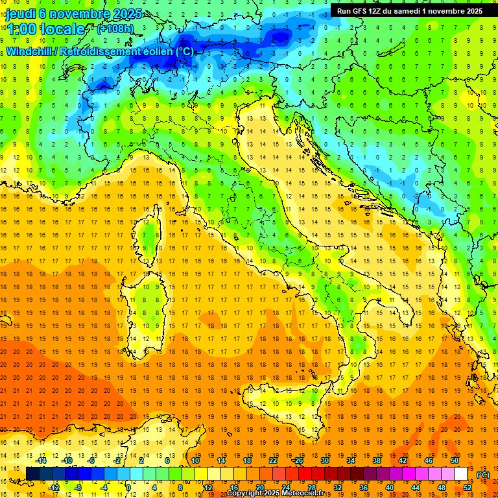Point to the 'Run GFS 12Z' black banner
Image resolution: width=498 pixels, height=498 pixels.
409,11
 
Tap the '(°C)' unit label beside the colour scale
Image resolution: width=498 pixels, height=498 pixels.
483,475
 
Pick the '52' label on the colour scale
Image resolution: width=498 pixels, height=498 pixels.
468,488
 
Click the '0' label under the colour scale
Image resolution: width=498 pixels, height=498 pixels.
128,488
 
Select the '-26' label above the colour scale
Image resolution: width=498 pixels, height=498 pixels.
298,460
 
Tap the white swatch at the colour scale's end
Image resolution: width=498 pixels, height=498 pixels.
461,474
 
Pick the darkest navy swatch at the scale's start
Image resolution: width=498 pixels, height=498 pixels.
32,474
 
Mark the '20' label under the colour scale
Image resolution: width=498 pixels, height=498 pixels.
259,488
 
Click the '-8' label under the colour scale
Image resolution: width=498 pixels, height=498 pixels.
78,488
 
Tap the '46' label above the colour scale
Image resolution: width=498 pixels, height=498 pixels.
429,460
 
